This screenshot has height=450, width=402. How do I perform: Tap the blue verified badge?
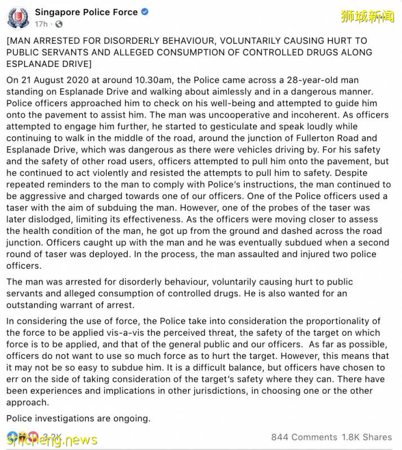point(145,12)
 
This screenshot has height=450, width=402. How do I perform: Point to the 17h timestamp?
point(41,24)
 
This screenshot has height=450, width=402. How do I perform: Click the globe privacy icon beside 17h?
point(59,24)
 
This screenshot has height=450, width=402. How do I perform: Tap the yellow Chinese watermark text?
point(368,16)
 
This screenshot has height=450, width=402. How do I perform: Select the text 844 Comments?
point(303,437)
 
